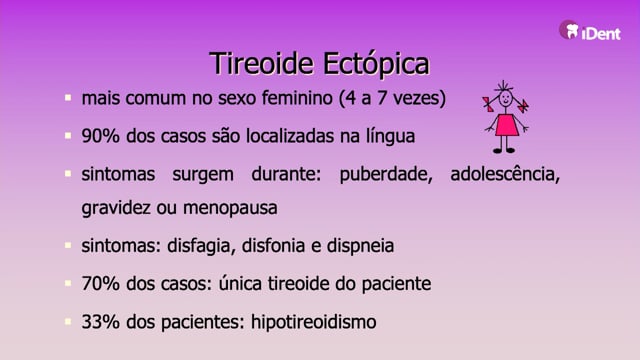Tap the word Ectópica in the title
point(376,64)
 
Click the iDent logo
point(590,30)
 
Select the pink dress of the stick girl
point(507,125)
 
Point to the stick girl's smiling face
point(506,98)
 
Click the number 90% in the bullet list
point(100,136)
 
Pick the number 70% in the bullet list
point(100,283)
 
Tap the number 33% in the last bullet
point(100,322)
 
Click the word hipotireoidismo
point(313,322)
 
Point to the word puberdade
point(386,174)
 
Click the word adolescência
point(505,174)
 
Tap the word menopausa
point(230,208)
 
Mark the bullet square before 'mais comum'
point(68,98)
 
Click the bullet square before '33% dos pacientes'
point(68,321)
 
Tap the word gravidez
point(116,208)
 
